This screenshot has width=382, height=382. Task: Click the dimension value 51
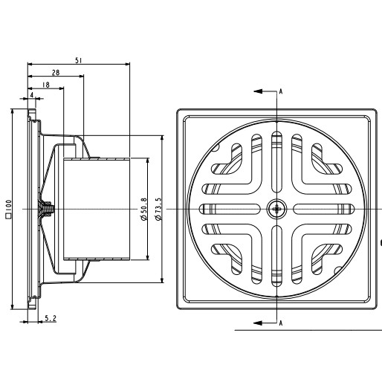point(79,60)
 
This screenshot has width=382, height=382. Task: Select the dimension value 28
point(56,73)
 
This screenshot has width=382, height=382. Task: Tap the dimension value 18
point(46,85)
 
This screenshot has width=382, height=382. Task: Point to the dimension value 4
point(32,95)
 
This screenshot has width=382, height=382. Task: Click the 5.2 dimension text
point(51,318)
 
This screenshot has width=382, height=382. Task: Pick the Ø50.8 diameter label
point(143,209)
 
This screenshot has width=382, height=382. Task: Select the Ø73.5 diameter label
point(158,209)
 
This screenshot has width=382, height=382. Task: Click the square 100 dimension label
point(8,210)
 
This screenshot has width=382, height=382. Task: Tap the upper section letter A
point(281,91)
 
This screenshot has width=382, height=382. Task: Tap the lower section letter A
point(281,323)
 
